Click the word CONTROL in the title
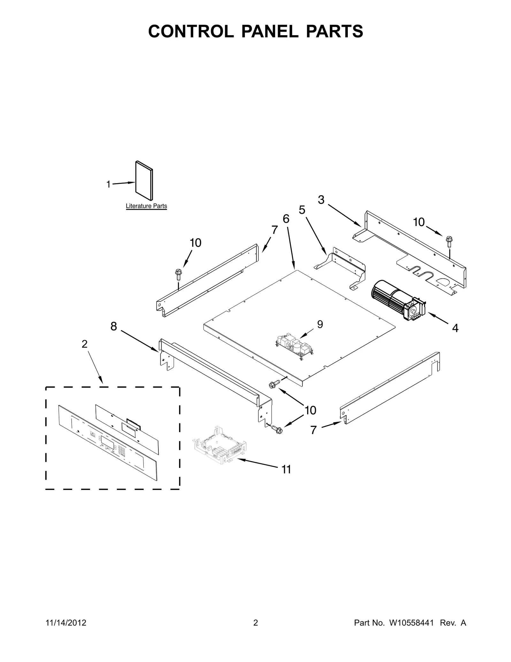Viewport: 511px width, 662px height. tap(191, 31)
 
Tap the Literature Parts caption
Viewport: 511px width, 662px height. tap(146, 206)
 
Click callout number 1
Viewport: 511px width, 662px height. tap(108, 184)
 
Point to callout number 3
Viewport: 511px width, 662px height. tap(321, 200)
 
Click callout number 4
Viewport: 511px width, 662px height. tap(455, 328)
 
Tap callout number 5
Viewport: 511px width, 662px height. tap(302, 210)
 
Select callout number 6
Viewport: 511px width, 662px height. tap(286, 219)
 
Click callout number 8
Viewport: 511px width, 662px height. tap(114, 326)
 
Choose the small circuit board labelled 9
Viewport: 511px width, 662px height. tap(295, 347)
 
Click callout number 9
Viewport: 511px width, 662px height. tap(320, 324)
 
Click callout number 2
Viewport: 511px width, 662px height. tap(84, 344)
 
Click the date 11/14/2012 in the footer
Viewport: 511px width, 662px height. tap(66, 632)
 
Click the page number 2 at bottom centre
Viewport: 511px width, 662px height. tap(256, 632)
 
